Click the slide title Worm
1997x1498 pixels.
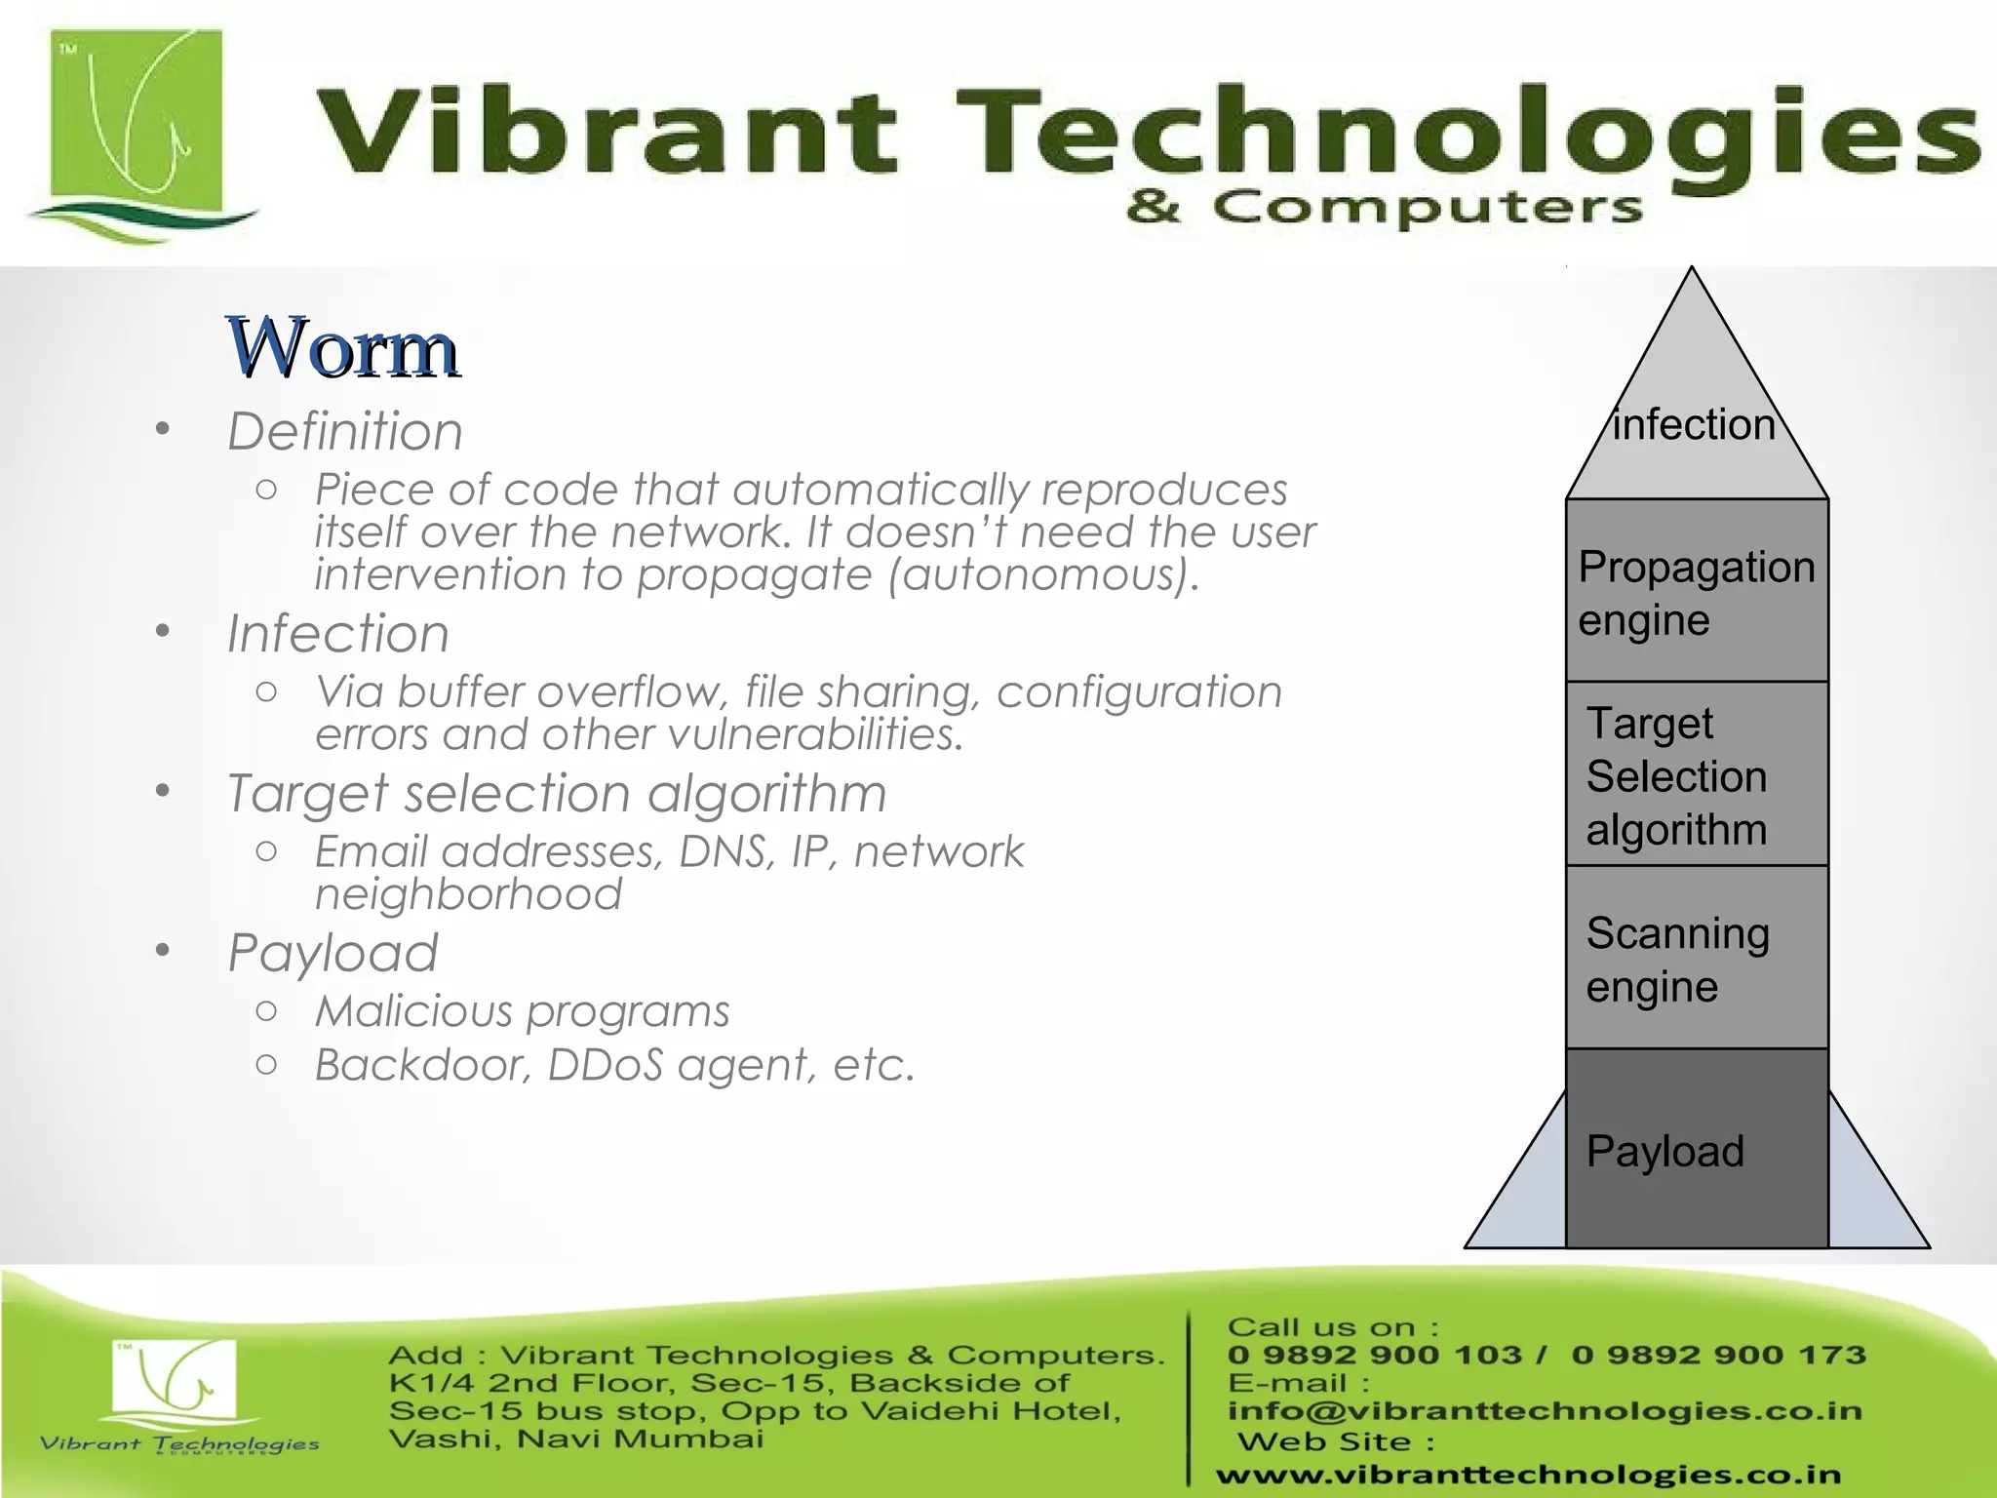click(x=343, y=348)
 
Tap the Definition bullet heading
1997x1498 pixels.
click(x=345, y=431)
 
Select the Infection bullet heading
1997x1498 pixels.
click(x=338, y=634)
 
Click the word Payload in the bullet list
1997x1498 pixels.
click(x=333, y=953)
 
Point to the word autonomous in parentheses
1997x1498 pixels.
click(x=1041, y=574)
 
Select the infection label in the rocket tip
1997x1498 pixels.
click(x=1694, y=425)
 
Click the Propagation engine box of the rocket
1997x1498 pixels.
click(x=1697, y=591)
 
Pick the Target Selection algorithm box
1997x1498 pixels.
click(x=1697, y=775)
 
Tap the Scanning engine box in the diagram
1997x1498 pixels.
click(x=1697, y=959)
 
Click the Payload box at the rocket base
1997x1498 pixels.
click(x=1697, y=1151)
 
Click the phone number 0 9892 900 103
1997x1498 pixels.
click(x=1375, y=1355)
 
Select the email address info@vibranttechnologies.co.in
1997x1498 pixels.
click(x=1545, y=1411)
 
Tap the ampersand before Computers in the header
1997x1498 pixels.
click(x=1153, y=207)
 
